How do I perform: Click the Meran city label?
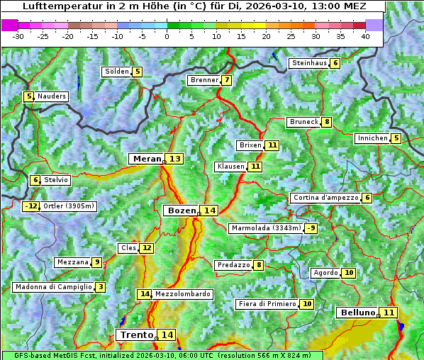coord(147,159)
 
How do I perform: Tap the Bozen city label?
coord(180,210)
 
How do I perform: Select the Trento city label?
coord(136,334)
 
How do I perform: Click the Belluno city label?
coord(357,313)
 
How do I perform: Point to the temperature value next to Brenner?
coord(226,80)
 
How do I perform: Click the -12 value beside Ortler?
coord(31,206)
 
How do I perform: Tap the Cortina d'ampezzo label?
coord(325,198)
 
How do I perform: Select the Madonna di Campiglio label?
coord(53,287)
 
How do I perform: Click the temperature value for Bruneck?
coord(326,122)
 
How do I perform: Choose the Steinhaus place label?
coord(308,63)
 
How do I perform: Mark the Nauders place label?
coord(52,96)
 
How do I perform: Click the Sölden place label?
coord(117,72)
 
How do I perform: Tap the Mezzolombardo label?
coord(182,294)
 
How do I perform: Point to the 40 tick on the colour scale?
coord(365,36)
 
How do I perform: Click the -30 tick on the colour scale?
coord(18,36)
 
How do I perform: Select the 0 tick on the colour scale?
coord(167,36)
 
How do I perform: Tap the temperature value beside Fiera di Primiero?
coord(306,304)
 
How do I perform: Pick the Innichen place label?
coord(372,138)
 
